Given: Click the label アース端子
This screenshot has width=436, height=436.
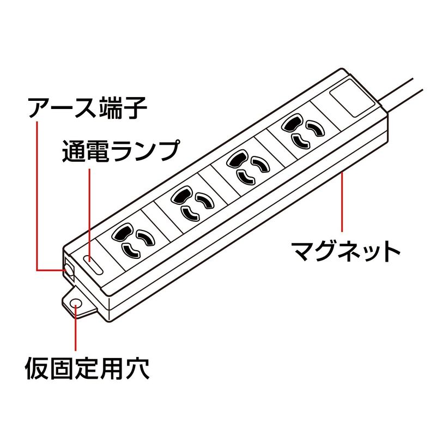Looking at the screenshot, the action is point(87,107).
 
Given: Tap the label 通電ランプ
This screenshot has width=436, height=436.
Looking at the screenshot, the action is point(120,151).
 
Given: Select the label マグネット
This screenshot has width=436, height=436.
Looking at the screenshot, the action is point(346,251).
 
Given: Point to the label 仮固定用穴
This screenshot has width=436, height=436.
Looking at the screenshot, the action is point(88,368).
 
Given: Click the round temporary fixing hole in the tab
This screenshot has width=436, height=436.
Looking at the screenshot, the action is point(75,304).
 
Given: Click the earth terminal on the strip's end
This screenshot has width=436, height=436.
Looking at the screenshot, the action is point(69,269).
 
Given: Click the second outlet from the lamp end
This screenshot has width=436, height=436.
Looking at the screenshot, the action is point(192,203).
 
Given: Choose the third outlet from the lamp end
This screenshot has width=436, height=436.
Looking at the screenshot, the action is point(249,167).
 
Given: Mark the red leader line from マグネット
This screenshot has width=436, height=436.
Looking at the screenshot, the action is point(342,202).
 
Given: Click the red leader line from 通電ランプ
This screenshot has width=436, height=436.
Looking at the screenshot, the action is point(89,215).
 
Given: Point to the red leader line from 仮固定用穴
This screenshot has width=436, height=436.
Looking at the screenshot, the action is point(75,328).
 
